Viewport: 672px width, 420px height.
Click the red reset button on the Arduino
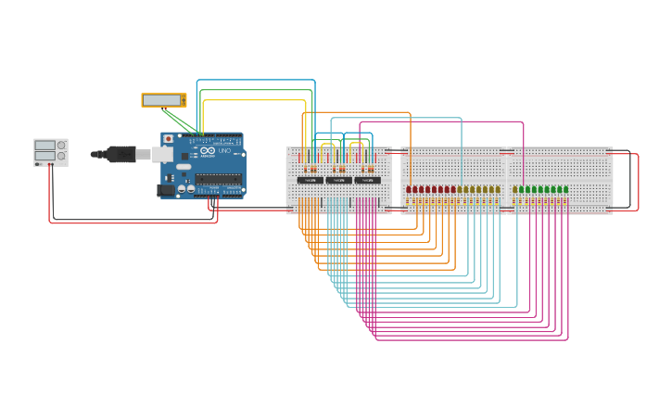168,139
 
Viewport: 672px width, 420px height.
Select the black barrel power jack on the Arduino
166,189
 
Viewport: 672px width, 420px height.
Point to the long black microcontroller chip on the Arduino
219,179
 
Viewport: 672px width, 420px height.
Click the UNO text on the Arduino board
224,151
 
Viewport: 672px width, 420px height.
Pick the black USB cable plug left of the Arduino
120,154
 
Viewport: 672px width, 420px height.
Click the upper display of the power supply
44,146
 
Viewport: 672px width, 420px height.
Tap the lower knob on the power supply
61,156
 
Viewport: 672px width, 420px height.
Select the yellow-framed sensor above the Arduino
163,100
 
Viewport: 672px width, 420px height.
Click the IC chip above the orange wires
311,180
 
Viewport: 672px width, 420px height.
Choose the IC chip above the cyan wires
339,180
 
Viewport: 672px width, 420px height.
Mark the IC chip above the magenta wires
367,180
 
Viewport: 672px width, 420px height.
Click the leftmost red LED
409,189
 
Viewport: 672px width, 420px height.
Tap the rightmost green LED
565,189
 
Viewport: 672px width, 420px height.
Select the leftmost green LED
515,189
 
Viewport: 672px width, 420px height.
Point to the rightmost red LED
452,189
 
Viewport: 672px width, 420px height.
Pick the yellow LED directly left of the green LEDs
498,189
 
